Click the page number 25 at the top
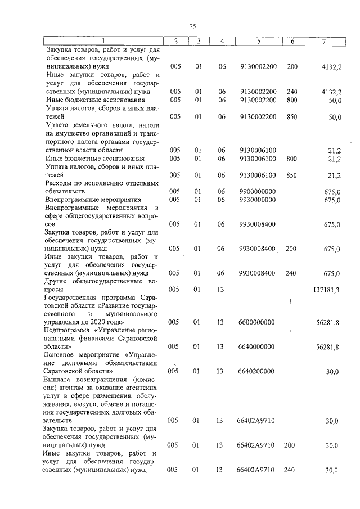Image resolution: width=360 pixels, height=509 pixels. coord(192,26)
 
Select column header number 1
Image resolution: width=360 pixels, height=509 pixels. coord(103,41)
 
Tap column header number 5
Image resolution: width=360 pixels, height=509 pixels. coord(258,41)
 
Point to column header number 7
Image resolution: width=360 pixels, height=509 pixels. coord(323,41)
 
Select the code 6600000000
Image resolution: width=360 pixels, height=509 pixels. coord(258,322)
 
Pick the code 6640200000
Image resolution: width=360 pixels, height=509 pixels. coord(258,371)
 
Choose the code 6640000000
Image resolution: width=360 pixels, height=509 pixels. coord(258,347)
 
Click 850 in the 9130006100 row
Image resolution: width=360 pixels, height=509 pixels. coord(291,175)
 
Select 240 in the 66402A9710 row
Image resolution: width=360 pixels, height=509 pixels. coord(290,470)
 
